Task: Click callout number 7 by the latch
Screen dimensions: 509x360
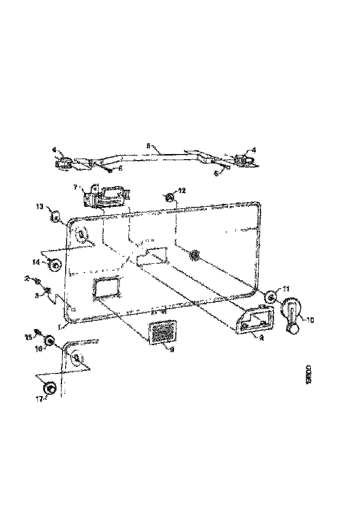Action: click(x=75, y=188)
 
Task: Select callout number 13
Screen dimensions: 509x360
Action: click(x=39, y=206)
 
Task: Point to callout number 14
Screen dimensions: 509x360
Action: click(x=36, y=262)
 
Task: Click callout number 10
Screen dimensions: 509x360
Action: click(x=310, y=319)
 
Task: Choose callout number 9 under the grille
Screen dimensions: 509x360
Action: click(x=171, y=350)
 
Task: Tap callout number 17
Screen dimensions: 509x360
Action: click(x=39, y=398)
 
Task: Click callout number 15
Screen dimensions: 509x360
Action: click(x=28, y=337)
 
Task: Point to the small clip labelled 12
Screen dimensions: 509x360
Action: click(x=170, y=198)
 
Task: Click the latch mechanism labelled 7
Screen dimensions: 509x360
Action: click(x=104, y=196)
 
